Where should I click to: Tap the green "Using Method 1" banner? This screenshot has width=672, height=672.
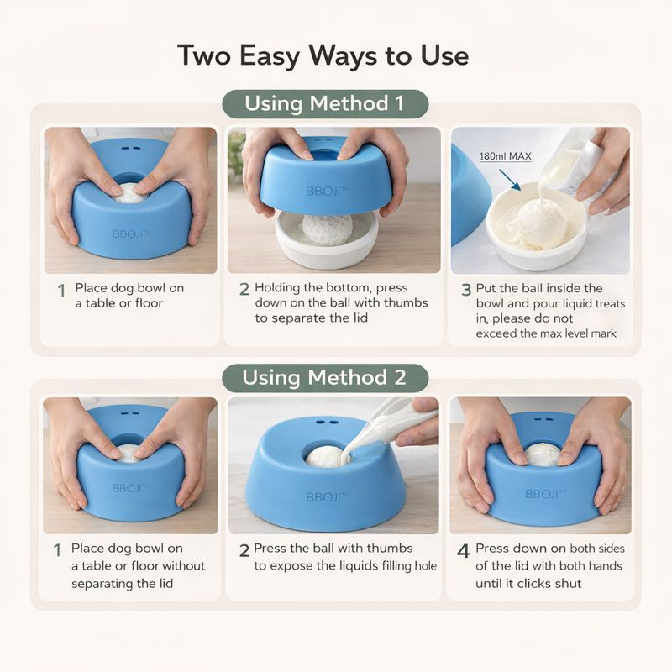coord(324,103)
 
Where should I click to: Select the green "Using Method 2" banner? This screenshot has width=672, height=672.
coord(324,377)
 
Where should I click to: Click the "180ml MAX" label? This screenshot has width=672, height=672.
coord(505,156)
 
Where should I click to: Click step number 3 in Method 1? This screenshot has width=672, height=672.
coord(466,290)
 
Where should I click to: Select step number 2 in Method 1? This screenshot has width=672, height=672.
coord(244,290)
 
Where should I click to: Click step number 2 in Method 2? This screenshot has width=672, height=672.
coord(244,551)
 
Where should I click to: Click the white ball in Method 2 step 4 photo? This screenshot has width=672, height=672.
coord(543,454)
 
